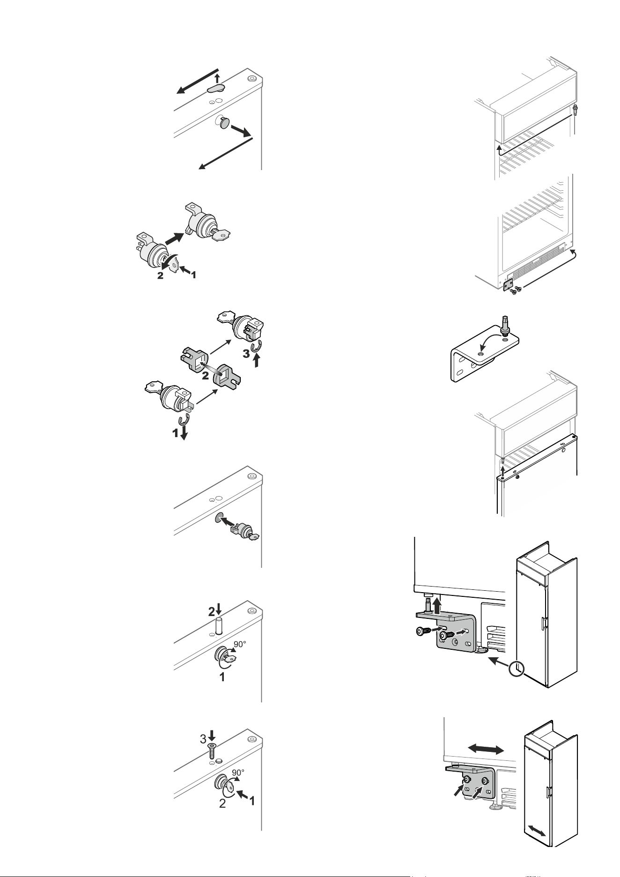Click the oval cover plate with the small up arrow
coord(216,88)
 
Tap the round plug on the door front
coord(225,124)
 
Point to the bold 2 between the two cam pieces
coord(205,375)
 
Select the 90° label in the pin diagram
coord(239,645)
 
